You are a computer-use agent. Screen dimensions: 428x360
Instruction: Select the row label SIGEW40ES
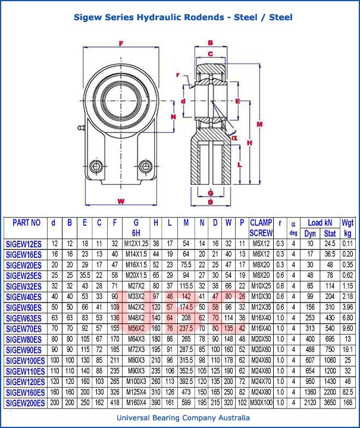point(23,296)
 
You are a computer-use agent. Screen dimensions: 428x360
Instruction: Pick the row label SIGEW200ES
point(25,403)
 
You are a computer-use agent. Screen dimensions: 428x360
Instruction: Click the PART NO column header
point(26,223)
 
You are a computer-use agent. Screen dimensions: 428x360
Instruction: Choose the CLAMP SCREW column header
point(261,228)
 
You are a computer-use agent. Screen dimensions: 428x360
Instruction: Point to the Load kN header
point(319,223)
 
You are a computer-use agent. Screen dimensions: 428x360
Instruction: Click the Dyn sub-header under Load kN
point(310,233)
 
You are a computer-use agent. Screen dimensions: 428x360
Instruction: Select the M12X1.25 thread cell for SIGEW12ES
point(136,243)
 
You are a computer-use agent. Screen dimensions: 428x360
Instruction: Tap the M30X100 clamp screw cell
point(261,403)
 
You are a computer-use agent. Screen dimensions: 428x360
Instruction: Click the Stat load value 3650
point(330,403)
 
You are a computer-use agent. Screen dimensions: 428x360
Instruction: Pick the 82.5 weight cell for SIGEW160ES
point(348,392)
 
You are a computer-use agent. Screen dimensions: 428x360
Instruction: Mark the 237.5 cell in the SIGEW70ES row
point(186,328)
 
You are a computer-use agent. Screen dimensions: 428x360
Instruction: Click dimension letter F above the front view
point(121,43)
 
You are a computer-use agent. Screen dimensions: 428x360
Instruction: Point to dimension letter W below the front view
point(121,202)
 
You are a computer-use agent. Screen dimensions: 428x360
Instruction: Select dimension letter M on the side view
point(259,124)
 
